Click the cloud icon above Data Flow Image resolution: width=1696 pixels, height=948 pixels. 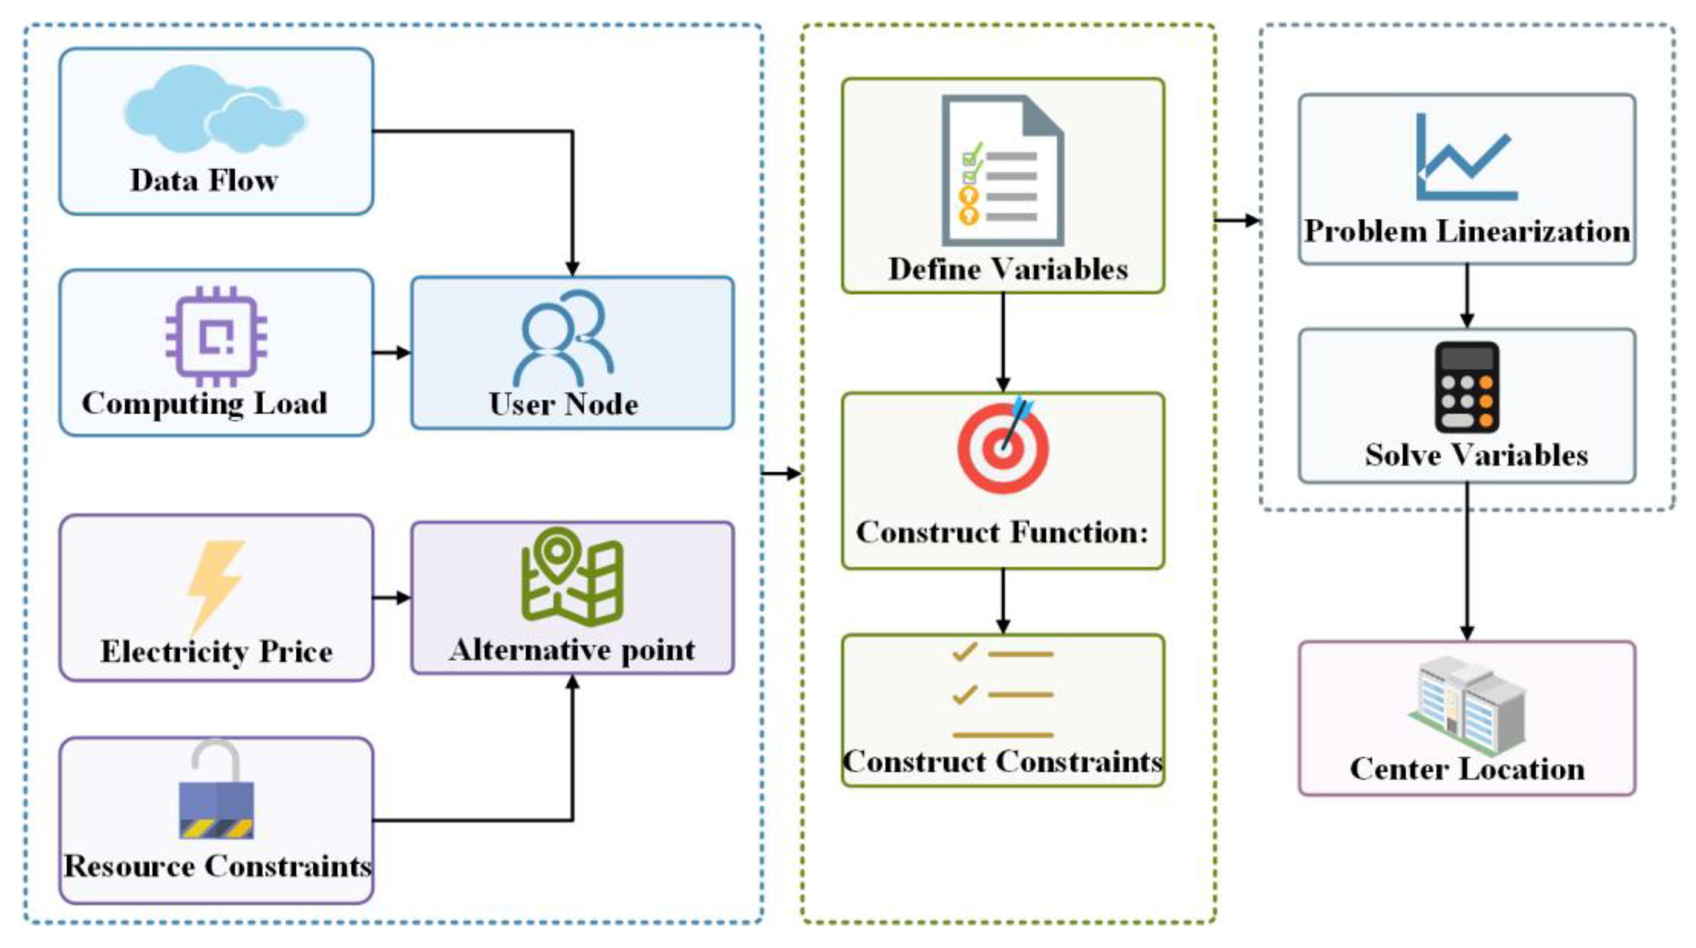[x=214, y=109]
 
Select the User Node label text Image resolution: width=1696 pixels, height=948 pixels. [x=563, y=403]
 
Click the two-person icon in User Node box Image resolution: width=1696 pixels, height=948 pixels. [x=563, y=338]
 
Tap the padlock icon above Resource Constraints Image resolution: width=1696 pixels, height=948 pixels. [x=216, y=790]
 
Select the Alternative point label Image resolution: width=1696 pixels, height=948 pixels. [x=572, y=650]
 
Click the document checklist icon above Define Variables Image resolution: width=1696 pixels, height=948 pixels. [x=1002, y=171]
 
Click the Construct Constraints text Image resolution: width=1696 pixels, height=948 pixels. [x=1002, y=762]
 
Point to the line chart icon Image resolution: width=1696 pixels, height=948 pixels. [x=1466, y=158]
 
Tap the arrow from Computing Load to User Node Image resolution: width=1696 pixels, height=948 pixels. [x=391, y=353]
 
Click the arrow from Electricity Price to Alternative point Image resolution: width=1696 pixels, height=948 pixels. [x=391, y=598]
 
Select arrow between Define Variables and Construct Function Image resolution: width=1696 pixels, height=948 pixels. [x=1003, y=342]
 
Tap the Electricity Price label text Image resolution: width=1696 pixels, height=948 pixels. [x=216, y=652]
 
